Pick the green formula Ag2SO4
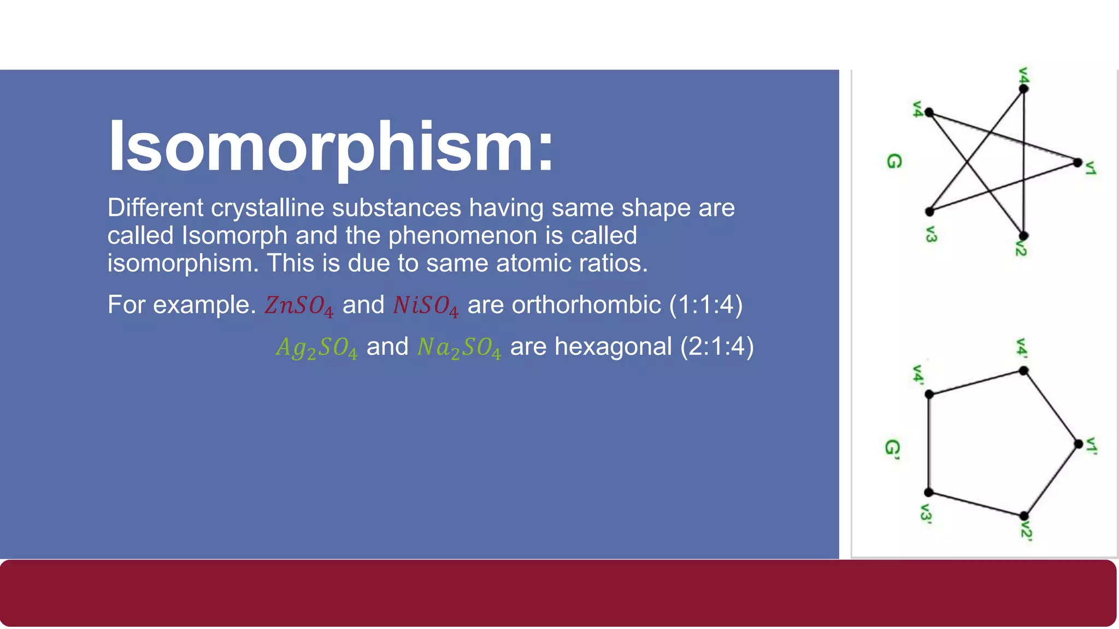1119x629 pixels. coord(316,348)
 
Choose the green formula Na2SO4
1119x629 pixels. coord(458,348)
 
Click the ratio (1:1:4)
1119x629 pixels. coord(706,305)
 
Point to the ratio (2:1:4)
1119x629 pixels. coord(717,347)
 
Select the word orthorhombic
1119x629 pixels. coord(586,305)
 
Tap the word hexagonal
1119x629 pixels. coord(613,347)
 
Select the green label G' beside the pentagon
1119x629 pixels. coord(892,449)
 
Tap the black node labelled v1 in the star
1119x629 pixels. coord(1077,163)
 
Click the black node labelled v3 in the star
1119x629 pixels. coord(929,212)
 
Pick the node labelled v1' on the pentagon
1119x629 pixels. coord(1078,444)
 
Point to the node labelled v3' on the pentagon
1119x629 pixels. coord(929,492)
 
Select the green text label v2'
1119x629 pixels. coord(1027,531)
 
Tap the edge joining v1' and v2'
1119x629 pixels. coord(1051,480)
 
